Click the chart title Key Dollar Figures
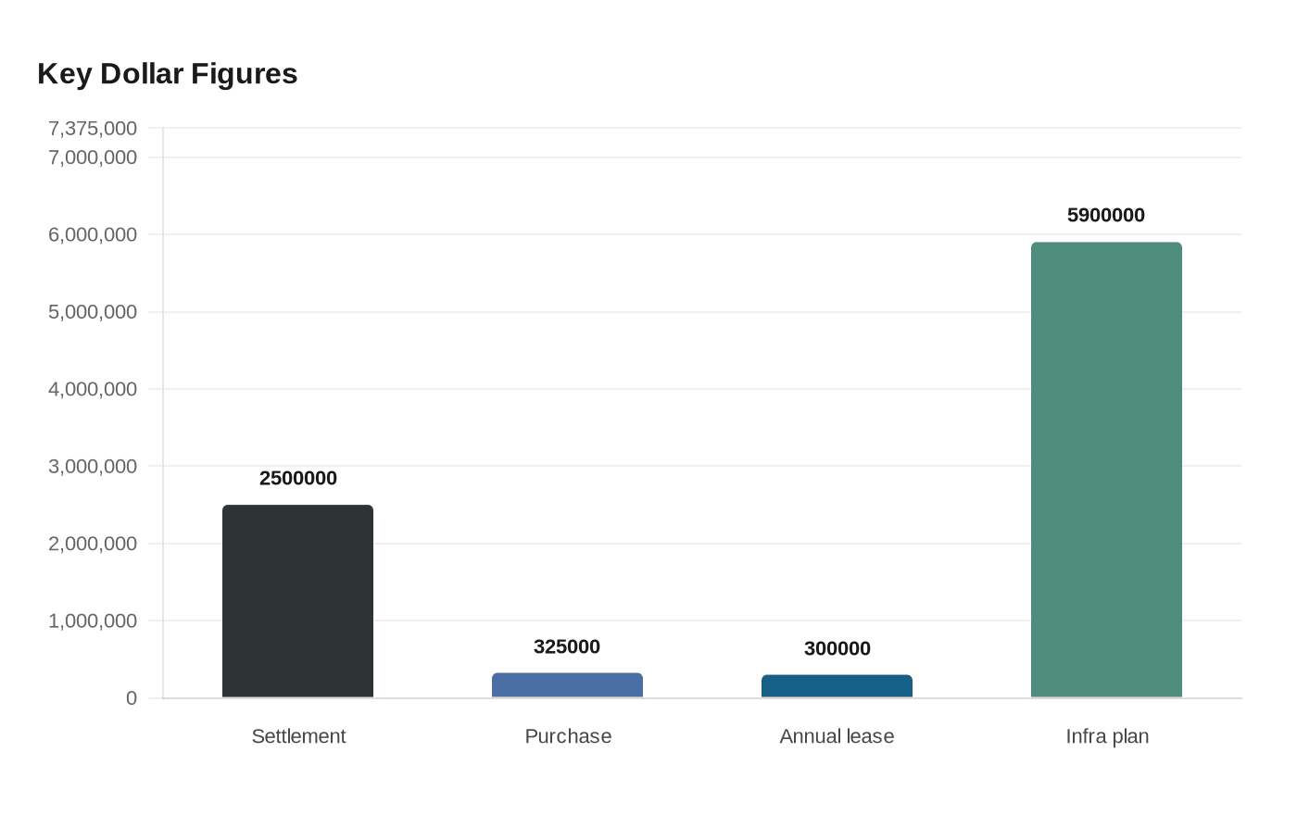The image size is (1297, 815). tap(168, 75)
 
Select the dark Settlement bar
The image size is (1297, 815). tap(297, 601)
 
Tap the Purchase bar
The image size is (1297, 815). tap(567, 684)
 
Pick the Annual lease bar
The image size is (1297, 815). tap(837, 686)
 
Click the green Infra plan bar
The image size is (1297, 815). tap(1106, 470)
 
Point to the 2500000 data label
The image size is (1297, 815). tap(297, 478)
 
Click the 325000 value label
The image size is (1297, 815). tap(567, 646)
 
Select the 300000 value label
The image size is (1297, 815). tap(837, 648)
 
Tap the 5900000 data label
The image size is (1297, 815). tap(1106, 215)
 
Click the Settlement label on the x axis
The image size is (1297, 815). tap(298, 736)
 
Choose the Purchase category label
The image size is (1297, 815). tap(568, 736)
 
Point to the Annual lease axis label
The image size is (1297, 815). tap(837, 736)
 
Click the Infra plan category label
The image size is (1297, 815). tap(1107, 736)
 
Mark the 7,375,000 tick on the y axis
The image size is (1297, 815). tap(93, 128)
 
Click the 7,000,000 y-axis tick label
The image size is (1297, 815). tap(93, 157)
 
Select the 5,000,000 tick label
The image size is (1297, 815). tap(93, 312)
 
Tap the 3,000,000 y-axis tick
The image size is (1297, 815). tap(93, 466)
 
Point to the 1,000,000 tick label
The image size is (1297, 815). tap(93, 621)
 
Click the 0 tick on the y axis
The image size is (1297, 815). tap(132, 698)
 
